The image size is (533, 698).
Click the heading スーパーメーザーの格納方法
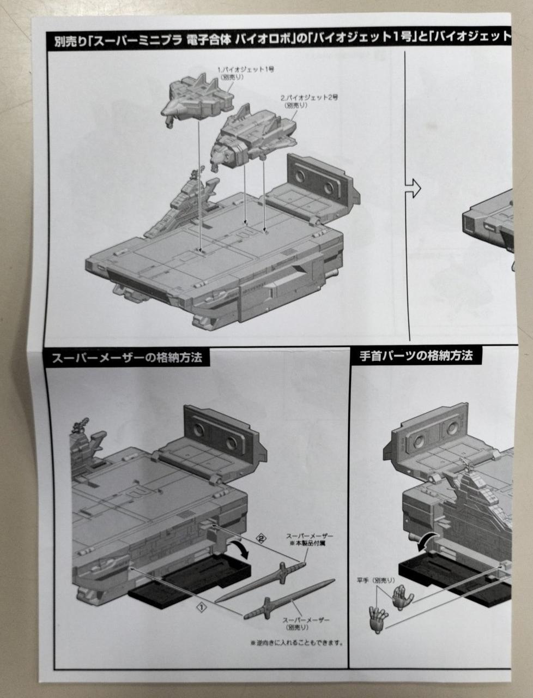[126, 358]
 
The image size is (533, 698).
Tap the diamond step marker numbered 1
[201, 606]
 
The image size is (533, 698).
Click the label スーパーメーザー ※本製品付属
[310, 540]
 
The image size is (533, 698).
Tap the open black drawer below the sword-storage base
[191, 581]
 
